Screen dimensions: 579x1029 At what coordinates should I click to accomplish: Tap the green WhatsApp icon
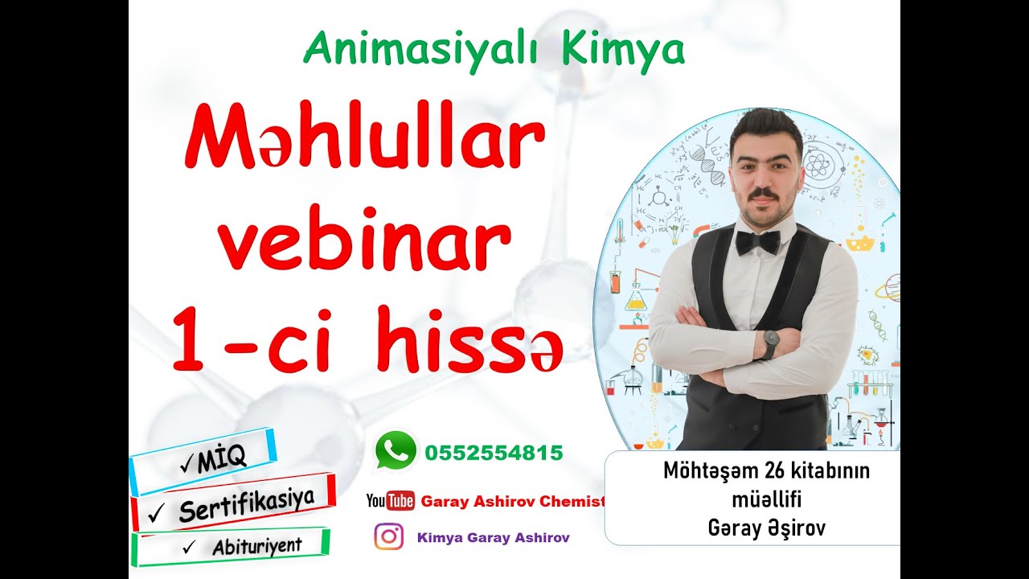396,450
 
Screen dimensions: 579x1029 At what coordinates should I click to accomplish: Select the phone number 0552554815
494,453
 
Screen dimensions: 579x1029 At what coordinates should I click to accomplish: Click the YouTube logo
391,501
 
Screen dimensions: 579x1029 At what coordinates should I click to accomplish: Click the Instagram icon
389,537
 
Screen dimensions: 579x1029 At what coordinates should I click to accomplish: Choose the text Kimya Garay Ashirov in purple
494,538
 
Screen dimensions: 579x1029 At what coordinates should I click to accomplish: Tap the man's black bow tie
757,241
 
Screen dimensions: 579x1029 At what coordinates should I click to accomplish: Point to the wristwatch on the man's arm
769,343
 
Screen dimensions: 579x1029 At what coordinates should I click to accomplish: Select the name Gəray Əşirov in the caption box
766,528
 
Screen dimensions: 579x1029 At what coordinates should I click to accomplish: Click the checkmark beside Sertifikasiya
158,511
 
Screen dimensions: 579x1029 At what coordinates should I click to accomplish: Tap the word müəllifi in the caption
766,499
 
